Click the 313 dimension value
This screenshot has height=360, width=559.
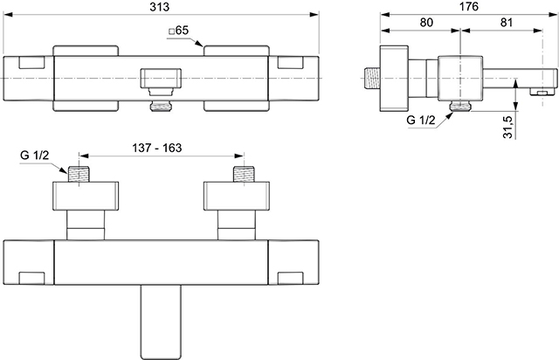tap(159, 7)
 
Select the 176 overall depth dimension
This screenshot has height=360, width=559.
tap(468, 7)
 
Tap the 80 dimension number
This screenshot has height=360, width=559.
tap(426, 23)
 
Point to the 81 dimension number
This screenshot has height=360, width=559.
tap(507, 23)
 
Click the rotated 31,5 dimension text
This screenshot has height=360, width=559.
tap(507, 127)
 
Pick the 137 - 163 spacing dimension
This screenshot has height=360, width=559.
tap(157, 148)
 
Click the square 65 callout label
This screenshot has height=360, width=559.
tap(178, 31)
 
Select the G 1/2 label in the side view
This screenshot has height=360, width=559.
tap(421, 120)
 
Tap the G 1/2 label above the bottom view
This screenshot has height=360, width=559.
tap(35, 156)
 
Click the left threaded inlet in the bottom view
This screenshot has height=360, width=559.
tap(79, 174)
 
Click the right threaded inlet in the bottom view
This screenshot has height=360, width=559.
tap(244, 174)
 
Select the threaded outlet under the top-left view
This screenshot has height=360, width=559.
tap(161, 107)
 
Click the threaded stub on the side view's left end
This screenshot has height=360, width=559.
tap(372, 78)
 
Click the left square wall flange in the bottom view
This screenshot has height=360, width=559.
tap(86, 196)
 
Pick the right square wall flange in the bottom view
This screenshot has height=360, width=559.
tap(237, 196)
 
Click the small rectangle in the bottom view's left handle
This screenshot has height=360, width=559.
tap(31, 278)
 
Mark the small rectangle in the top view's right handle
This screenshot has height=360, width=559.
tap(291, 62)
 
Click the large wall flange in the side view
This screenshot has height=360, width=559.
tap(394, 78)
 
